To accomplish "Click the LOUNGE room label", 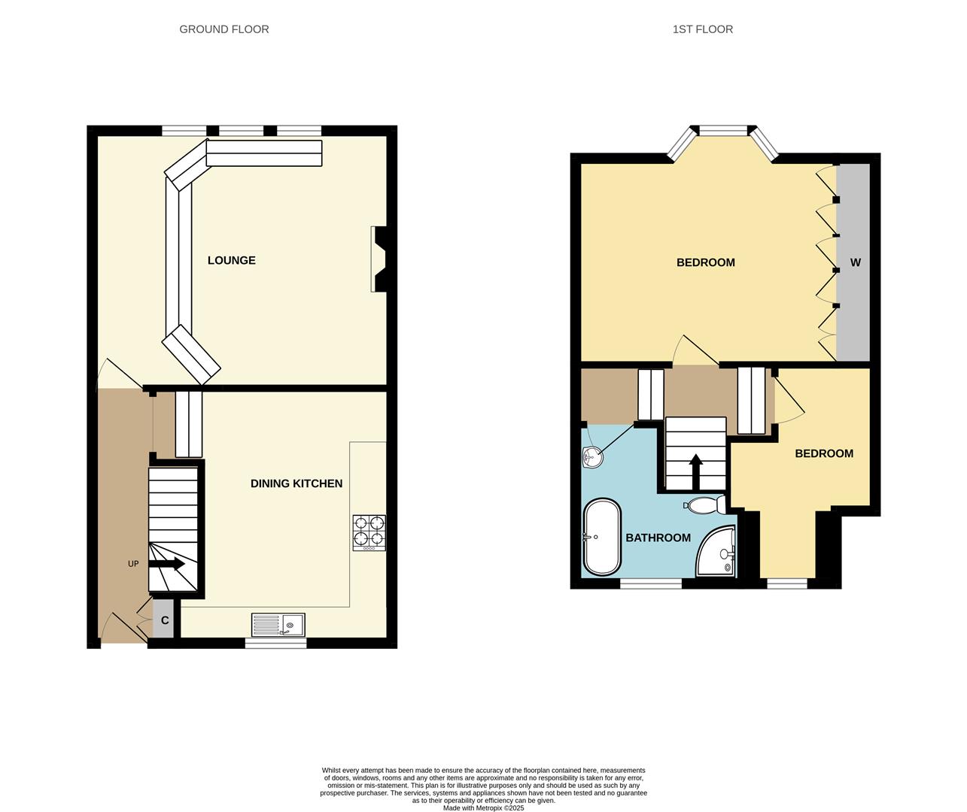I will (232, 260).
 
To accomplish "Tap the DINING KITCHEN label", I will (296, 483).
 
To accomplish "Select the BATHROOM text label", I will (658, 538).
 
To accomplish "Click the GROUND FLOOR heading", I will (224, 29).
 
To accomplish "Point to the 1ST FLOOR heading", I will (703, 29).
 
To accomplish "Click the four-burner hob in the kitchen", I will (369, 532).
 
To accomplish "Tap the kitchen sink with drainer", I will (278, 625).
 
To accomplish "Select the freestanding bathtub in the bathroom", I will (602, 537).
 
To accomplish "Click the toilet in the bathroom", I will (706, 504).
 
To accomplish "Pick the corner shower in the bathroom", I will (716, 553).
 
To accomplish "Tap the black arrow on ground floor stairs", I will (169, 563).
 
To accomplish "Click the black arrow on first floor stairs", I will (696, 471).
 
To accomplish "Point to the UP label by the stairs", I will (133, 564).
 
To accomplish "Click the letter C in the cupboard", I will (165, 621).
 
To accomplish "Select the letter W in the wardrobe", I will (855, 262).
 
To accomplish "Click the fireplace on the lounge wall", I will (379, 259).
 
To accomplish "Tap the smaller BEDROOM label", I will (824, 453).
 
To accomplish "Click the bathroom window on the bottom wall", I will (651, 583).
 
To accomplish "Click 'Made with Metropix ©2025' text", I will (483, 808).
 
